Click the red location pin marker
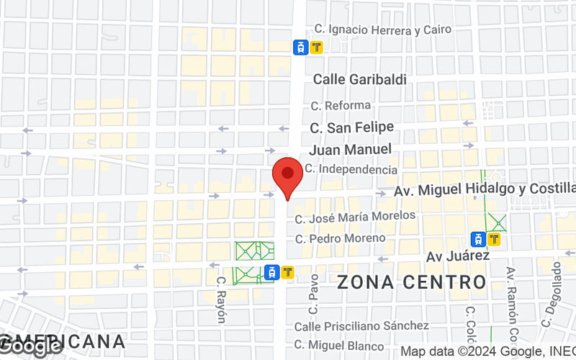[x=288, y=176]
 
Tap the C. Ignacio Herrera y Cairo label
[x=383, y=30]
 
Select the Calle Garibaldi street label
[x=359, y=79]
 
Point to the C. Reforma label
[x=341, y=105]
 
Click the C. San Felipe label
[x=351, y=127]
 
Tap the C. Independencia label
[x=351, y=169]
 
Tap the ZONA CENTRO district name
[x=412, y=282]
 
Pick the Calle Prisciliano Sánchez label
[x=361, y=326]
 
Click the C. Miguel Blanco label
[x=341, y=345]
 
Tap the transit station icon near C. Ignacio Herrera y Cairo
[x=307, y=48]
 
